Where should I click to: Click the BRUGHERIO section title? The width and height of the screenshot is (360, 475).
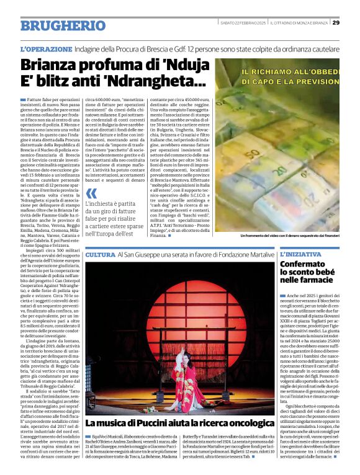(63, 25)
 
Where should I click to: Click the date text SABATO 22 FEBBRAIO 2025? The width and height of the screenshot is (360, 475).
(243, 23)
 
